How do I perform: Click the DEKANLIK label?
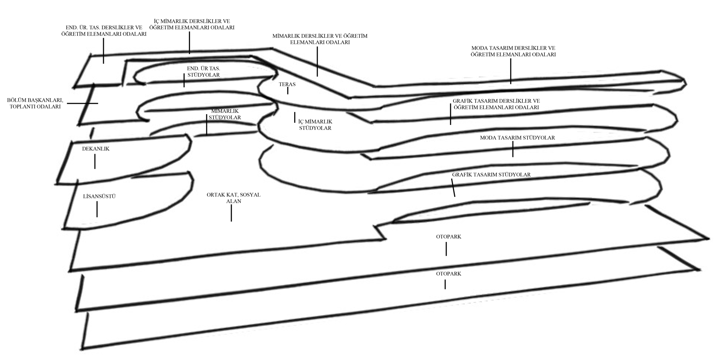coord(96,149)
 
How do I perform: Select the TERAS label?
coord(287,85)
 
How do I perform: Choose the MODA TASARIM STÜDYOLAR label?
coord(517,137)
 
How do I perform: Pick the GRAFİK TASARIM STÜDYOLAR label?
coord(491,174)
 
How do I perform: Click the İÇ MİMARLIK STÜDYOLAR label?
coord(315,125)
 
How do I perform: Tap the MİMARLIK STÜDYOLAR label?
coord(225,114)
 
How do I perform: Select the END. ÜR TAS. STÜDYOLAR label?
coord(203,72)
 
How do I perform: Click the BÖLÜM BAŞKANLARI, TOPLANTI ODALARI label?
coord(35,103)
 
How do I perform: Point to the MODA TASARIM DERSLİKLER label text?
coord(513,51)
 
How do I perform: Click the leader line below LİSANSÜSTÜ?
coord(97,209)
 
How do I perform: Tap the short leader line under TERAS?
coord(287,91)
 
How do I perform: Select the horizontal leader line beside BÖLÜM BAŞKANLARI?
coord(82,103)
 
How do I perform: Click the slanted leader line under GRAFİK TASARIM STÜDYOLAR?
coord(453,188)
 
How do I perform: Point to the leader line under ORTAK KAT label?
coord(231,213)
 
